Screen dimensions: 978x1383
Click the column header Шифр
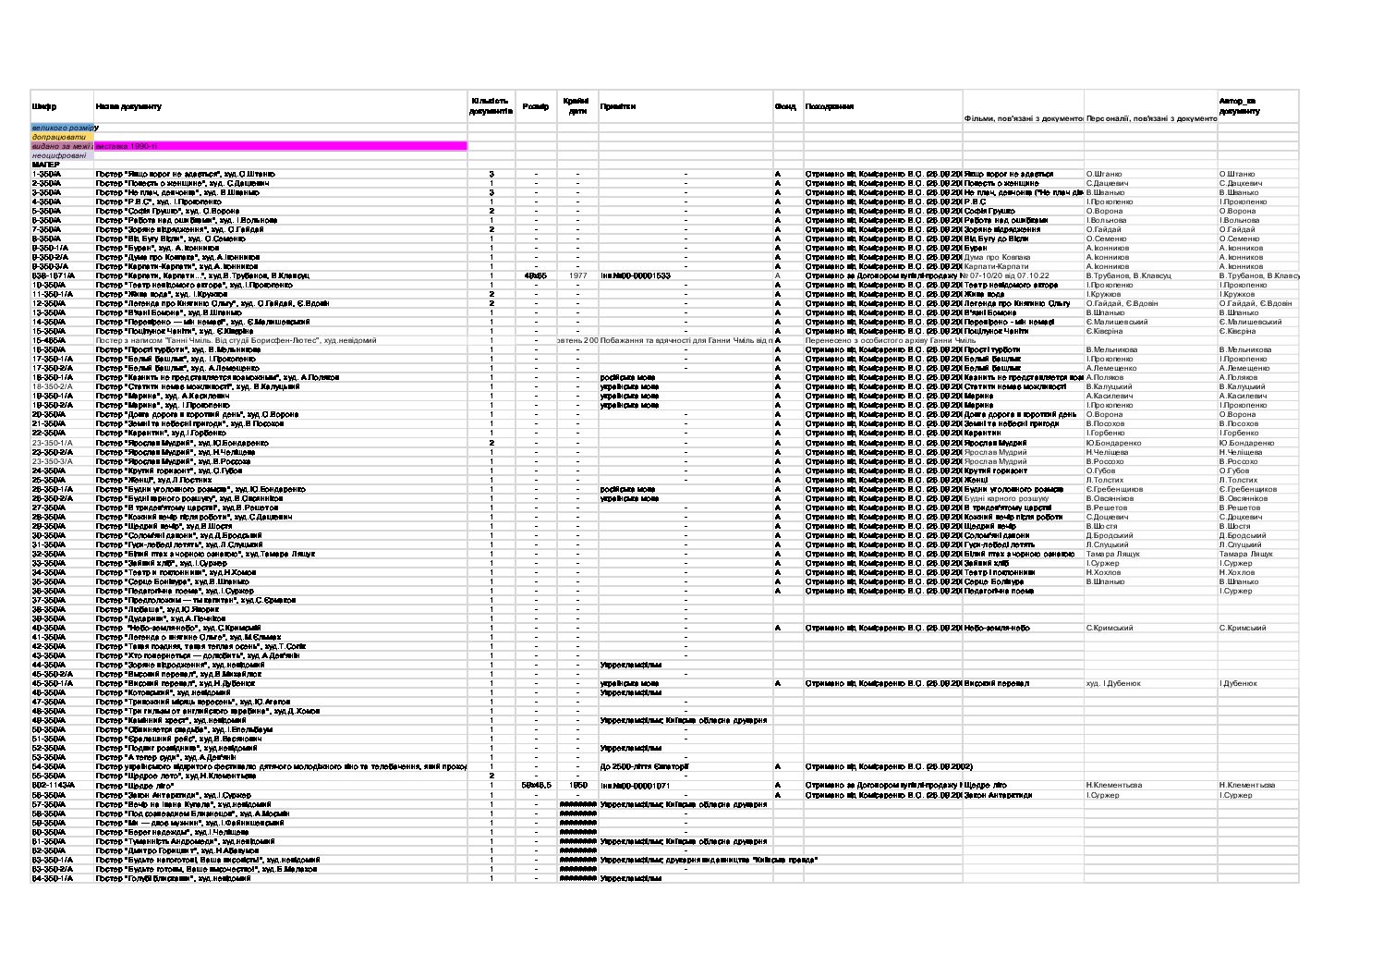[44, 107]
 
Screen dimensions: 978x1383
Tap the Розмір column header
[535, 106]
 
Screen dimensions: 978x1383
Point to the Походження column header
[829, 106]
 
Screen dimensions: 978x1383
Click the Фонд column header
[785, 106]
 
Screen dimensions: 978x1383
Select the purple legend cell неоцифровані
[59, 155]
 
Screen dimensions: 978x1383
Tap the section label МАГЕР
[45, 165]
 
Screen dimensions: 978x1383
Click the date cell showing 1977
[577, 275]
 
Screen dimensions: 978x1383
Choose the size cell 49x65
[535, 275]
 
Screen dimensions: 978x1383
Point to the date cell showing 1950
[577, 785]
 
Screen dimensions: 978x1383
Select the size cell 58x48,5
[536, 785]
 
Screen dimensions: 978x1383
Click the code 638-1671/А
[54, 275]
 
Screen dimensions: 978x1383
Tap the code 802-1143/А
[53, 785]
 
